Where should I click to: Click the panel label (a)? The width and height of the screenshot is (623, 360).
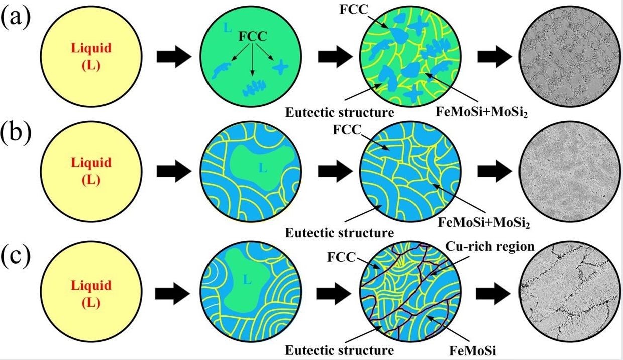pos(16,19)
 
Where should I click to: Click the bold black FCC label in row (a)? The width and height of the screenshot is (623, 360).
pos(252,36)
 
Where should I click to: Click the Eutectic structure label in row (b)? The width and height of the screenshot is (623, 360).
pos(339,232)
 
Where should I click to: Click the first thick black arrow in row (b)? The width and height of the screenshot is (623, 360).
pos(174,171)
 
